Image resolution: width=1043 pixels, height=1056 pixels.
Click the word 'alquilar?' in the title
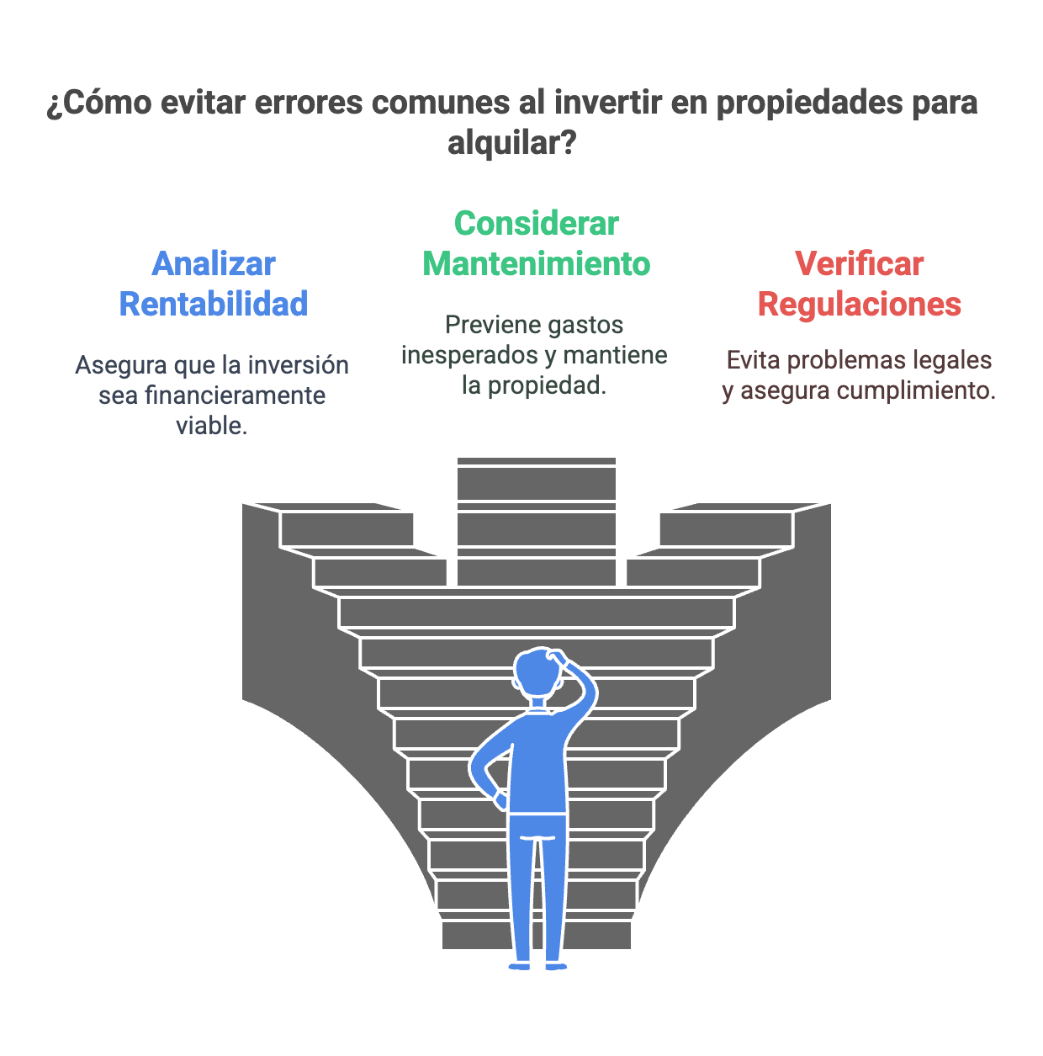[511, 144]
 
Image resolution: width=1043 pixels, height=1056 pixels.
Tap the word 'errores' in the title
[309, 103]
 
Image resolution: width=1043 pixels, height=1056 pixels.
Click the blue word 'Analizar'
[214, 264]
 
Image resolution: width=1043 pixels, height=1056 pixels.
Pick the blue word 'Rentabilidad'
[214, 304]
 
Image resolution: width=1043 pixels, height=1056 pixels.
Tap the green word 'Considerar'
[537, 224]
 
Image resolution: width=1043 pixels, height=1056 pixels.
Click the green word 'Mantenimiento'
[537, 264]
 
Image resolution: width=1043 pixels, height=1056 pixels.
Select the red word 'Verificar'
[859, 264]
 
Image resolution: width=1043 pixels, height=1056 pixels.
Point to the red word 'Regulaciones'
[859, 305]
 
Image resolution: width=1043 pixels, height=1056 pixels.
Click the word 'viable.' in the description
[211, 425]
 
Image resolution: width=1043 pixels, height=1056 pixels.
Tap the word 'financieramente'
[212, 395]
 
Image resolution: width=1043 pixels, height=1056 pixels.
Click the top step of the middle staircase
[537, 461]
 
